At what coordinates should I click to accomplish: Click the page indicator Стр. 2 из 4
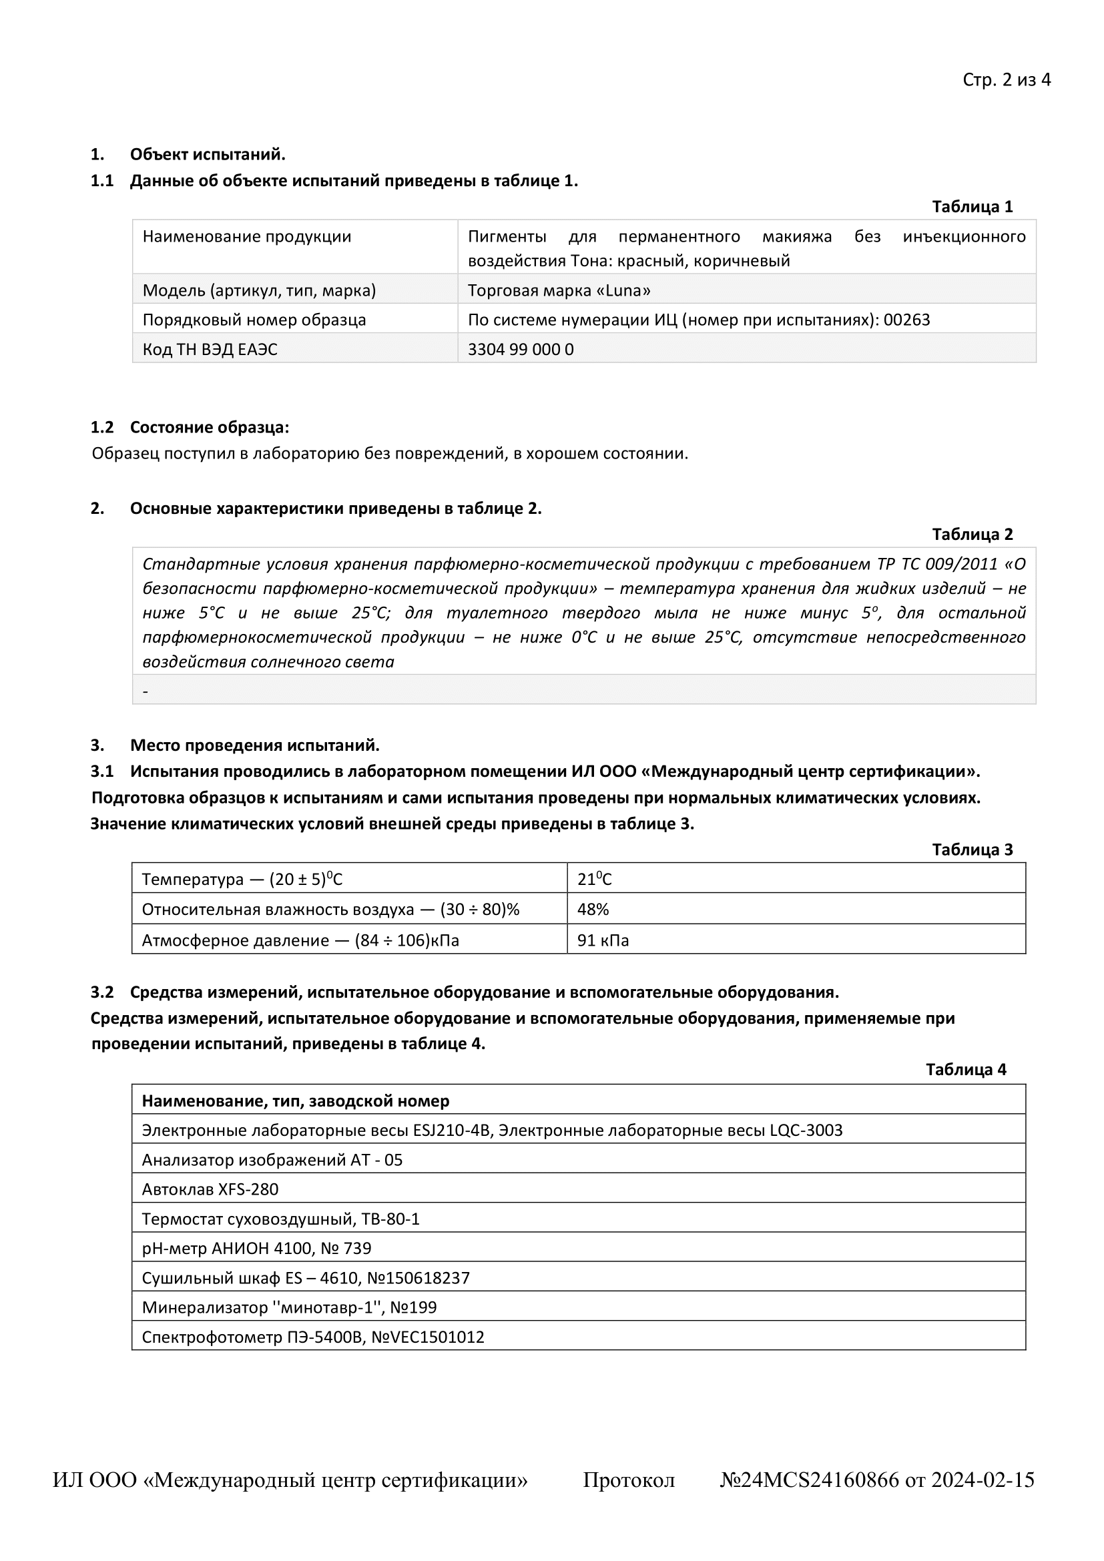pos(1006,80)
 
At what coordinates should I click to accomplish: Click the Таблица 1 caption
pos(971,207)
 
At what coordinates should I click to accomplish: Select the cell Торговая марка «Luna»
pos(559,291)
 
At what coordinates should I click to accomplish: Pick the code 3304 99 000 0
pos(520,350)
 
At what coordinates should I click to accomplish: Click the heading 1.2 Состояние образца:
pos(190,428)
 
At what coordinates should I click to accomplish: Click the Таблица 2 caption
pos(971,535)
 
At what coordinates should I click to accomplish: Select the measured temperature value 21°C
pos(594,880)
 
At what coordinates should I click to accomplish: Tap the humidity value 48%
pos(593,910)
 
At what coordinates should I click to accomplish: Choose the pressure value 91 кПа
pos(602,941)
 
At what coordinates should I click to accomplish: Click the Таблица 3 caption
pos(971,850)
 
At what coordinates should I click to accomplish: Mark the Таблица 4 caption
pos(965,1069)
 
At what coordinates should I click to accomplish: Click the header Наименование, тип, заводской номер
pos(295,1101)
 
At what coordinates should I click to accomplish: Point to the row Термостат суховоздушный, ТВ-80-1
pos(280,1219)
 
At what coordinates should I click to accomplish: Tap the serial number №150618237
pos(418,1278)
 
